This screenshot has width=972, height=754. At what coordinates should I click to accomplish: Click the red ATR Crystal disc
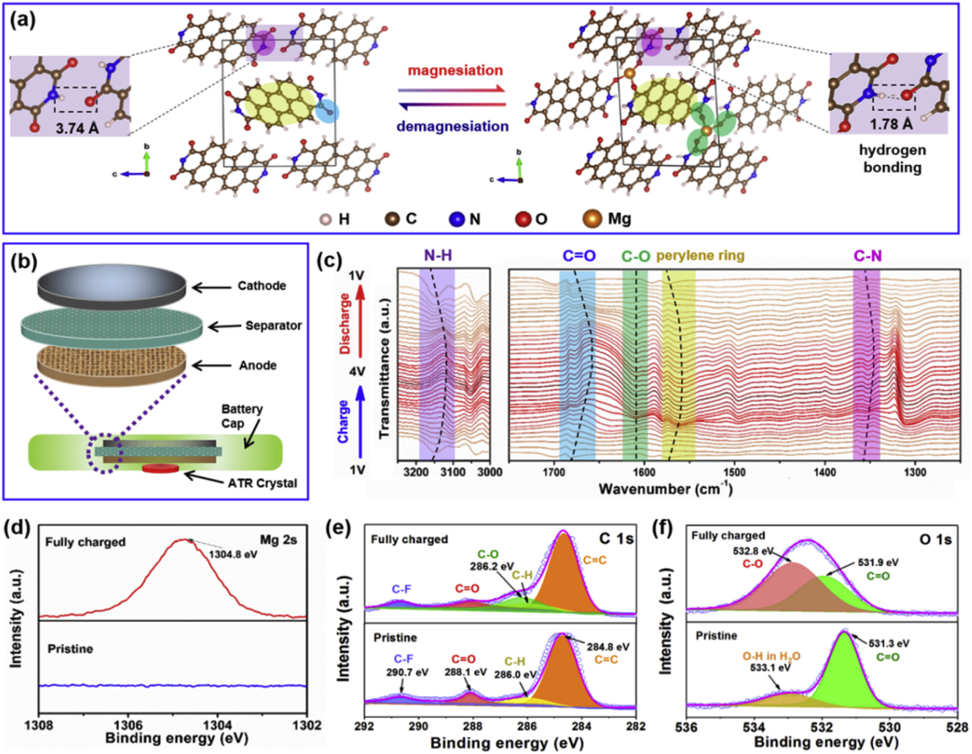pos(158,469)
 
